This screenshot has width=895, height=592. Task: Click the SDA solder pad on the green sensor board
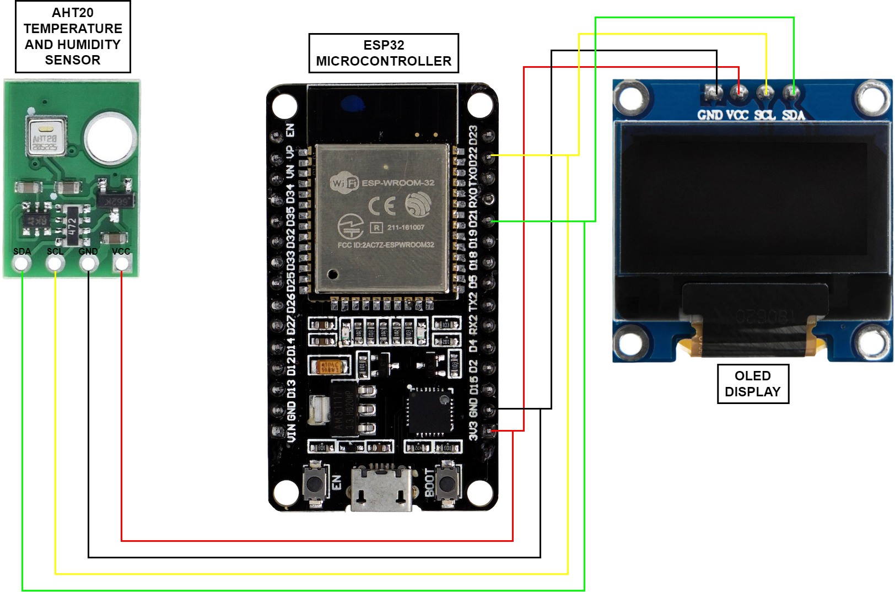point(22,264)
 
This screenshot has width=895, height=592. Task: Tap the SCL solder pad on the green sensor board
point(55,264)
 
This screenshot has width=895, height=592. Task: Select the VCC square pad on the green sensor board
point(121,264)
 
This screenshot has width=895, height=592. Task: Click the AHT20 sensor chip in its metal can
point(46,136)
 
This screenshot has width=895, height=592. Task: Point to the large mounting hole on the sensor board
point(110,137)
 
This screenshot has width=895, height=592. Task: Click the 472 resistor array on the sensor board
point(72,225)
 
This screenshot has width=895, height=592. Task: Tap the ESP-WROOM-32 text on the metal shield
point(398,182)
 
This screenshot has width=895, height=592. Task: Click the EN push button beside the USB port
point(314,483)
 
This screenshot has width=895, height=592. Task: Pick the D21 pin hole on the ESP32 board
point(488,220)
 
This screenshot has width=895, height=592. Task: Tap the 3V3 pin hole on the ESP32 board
point(488,430)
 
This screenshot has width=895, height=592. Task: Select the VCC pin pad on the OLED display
point(739,92)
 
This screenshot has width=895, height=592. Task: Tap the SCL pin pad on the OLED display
point(765,92)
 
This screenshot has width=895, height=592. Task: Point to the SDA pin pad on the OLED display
point(791,92)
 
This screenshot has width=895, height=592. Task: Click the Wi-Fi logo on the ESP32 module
point(344,183)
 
